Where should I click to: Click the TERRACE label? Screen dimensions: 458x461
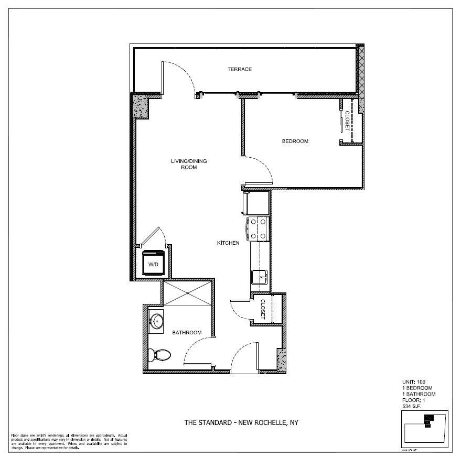point(240,69)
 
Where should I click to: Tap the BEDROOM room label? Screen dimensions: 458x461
point(295,141)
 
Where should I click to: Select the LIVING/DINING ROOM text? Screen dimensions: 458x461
point(188,164)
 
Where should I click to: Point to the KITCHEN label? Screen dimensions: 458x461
point(229,243)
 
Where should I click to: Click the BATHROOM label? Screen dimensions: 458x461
point(187,332)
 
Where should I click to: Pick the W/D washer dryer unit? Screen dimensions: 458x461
point(154,264)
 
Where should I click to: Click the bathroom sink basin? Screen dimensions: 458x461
point(157,320)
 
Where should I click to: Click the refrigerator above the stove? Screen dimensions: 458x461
point(255,203)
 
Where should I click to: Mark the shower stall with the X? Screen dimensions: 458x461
point(188,293)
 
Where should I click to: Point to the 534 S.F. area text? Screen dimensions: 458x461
point(412,406)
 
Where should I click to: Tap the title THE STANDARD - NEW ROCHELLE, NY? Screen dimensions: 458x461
point(241,422)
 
